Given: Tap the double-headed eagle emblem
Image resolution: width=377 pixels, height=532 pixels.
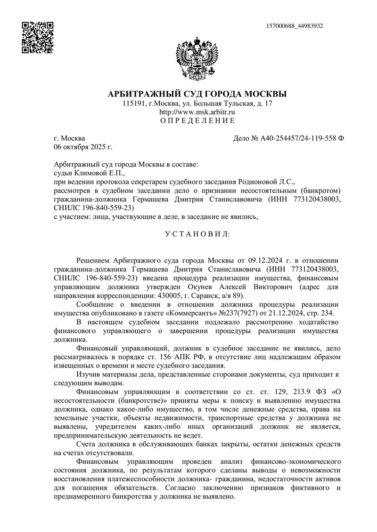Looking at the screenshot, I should click(x=197, y=58).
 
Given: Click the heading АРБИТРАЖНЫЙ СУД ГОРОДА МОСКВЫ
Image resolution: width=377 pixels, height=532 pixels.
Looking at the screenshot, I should click(x=197, y=94).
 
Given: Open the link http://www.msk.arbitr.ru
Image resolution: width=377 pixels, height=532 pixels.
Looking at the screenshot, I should click(x=197, y=112).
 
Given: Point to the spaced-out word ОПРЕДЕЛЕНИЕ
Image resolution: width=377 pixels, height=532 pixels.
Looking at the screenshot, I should click(x=197, y=121).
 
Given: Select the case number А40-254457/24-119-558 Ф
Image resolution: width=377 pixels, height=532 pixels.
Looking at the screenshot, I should click(x=288, y=138).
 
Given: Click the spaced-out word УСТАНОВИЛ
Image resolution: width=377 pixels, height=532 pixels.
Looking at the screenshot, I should click(x=197, y=233).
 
